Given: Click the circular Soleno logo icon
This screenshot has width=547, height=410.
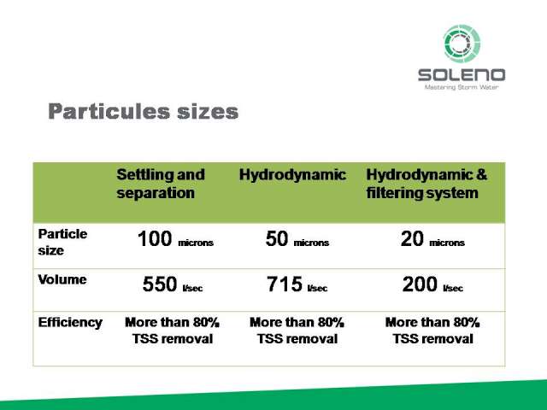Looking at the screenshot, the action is (x=462, y=44).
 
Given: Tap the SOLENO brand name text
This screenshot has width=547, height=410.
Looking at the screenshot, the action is (x=462, y=75).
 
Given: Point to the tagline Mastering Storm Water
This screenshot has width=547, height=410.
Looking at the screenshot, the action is (x=462, y=87).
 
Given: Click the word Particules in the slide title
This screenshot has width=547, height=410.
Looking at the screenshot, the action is (x=109, y=111).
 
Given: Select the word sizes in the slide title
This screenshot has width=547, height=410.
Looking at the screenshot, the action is (x=208, y=112).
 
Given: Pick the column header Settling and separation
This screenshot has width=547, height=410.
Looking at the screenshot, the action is (x=161, y=184).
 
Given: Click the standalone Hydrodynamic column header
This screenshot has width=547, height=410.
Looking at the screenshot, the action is (x=292, y=175).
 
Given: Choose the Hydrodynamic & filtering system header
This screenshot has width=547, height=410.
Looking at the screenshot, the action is (x=426, y=184).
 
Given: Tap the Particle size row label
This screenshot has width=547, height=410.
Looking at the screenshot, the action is (x=62, y=242).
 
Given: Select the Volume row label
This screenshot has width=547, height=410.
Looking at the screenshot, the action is (x=62, y=279).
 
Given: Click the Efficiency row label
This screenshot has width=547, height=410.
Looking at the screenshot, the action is (x=70, y=323).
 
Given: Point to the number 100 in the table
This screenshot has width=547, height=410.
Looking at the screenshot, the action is (x=155, y=239).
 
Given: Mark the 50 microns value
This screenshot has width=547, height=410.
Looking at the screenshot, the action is (x=297, y=239).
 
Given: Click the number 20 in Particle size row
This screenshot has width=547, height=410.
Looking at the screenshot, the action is (x=412, y=239).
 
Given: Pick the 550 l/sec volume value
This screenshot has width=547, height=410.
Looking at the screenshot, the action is (x=173, y=284).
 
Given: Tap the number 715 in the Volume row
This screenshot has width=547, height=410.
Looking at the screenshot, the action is (x=285, y=284).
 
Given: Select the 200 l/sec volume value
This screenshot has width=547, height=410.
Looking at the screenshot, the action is (x=432, y=284).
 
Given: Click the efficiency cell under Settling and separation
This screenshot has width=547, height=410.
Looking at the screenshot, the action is (x=173, y=331).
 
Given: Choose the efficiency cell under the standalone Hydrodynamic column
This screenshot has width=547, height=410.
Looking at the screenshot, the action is (x=297, y=331).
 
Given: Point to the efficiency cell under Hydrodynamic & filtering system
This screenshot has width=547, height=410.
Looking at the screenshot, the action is (x=432, y=331).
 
